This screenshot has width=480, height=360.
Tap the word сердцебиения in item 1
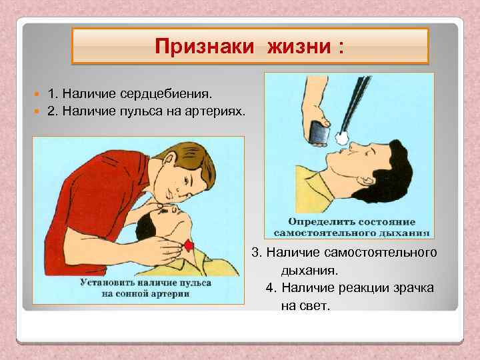coord(172,89)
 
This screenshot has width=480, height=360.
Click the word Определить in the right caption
coord(316,221)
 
